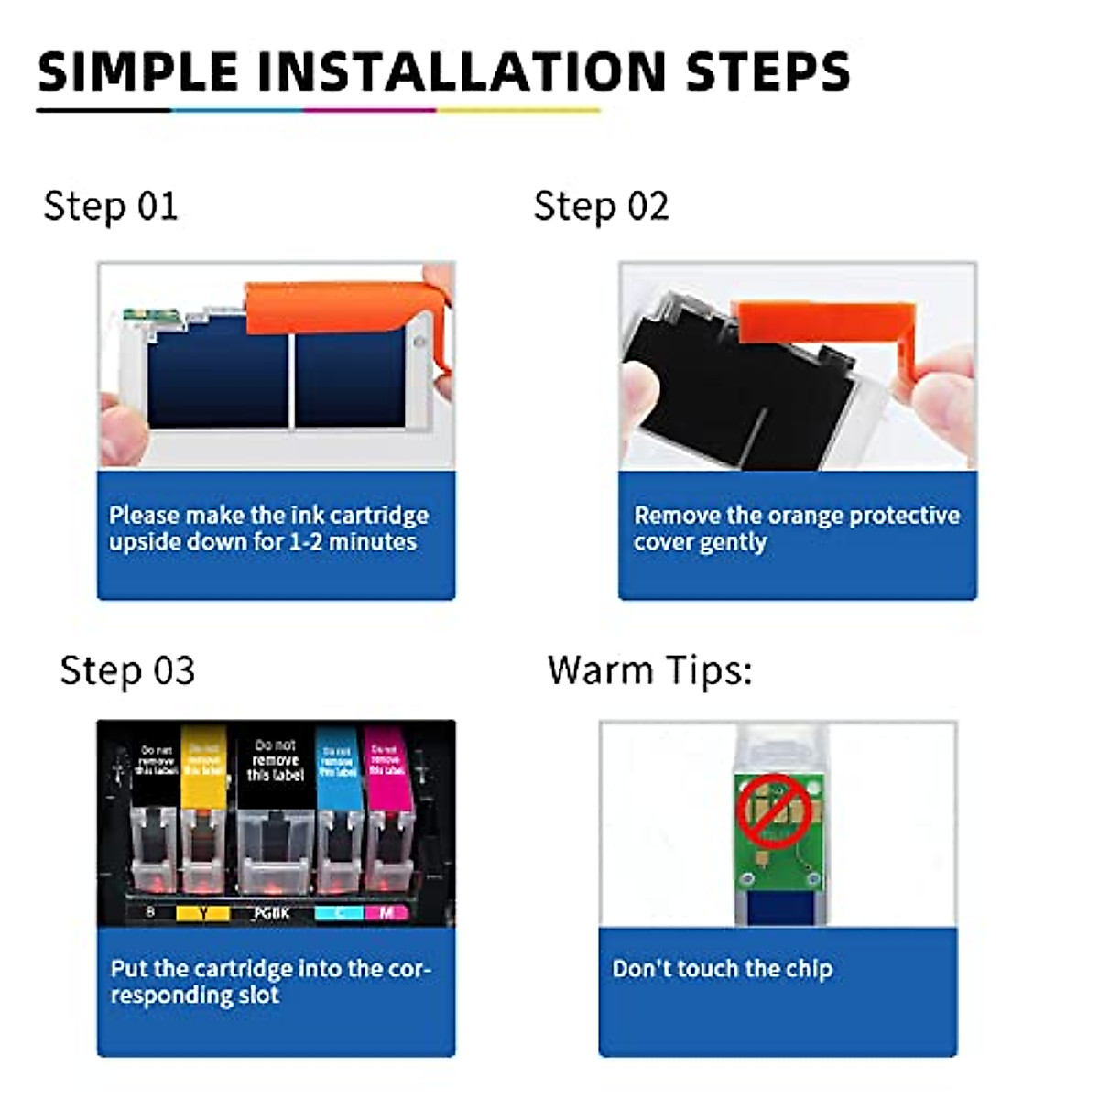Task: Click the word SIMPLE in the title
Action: point(137,71)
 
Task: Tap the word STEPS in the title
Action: point(767,71)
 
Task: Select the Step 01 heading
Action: point(111,206)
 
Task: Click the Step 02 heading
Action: point(601,206)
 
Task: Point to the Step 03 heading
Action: point(127,670)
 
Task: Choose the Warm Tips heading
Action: point(649,670)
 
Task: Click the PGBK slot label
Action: point(272,913)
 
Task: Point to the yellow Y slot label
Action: point(201,913)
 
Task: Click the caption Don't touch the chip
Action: point(722,968)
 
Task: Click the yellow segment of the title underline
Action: point(518,111)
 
